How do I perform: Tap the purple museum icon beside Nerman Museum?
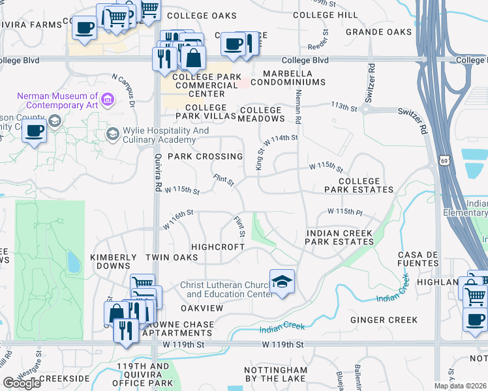click(x=108, y=100)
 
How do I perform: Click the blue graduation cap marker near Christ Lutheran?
click(x=282, y=282)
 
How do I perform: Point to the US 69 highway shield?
click(x=445, y=160)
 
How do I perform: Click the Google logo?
click(x=22, y=383)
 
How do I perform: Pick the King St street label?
click(x=259, y=158)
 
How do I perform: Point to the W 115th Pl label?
click(x=344, y=212)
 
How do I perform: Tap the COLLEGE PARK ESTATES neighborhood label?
click(x=359, y=185)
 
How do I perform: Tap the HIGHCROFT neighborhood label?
click(x=217, y=247)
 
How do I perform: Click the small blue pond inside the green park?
click(x=73, y=263)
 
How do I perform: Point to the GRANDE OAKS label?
click(x=378, y=32)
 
